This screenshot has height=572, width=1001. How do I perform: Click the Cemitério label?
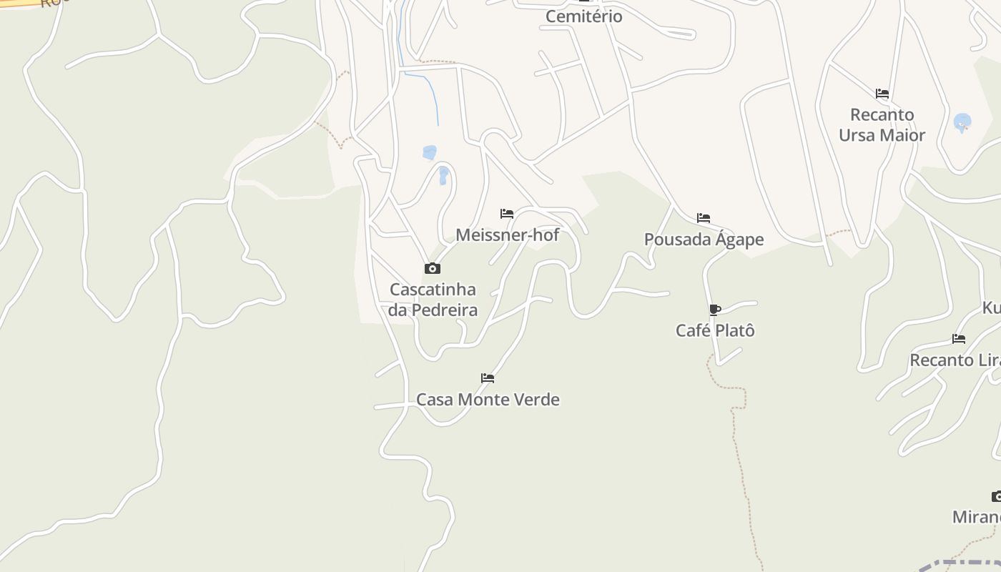[x=583, y=16]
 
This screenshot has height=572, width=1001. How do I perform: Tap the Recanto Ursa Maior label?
[x=882, y=125]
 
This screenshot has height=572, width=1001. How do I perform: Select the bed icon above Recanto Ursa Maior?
[x=882, y=93]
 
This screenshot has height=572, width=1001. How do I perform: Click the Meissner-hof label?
[x=507, y=235]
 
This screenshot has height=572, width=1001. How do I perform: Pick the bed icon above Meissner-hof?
[x=507, y=213]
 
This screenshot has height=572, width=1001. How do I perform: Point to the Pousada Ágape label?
[x=704, y=240]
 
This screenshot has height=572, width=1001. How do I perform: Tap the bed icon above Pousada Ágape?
[x=704, y=217]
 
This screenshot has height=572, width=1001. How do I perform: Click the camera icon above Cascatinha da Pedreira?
[x=432, y=268]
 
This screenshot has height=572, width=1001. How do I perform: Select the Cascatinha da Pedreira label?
[x=433, y=300]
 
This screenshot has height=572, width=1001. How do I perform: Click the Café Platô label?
[x=715, y=330]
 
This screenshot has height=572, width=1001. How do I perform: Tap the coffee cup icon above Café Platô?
[x=714, y=310]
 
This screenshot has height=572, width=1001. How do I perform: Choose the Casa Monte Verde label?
[x=488, y=399]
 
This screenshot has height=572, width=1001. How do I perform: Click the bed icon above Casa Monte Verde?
[x=488, y=378]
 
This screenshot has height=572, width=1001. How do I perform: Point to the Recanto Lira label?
[x=955, y=360]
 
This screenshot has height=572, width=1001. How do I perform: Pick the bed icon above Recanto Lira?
[x=959, y=338]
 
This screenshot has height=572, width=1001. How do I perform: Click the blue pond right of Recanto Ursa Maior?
[x=962, y=122]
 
